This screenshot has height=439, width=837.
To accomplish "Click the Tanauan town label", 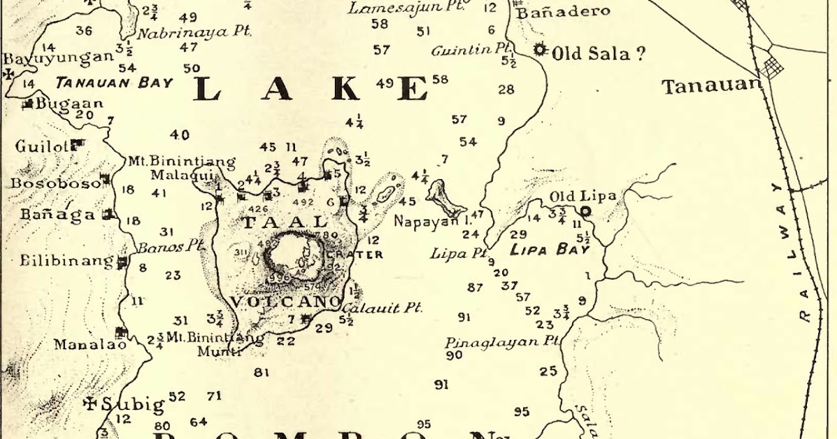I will (710, 86).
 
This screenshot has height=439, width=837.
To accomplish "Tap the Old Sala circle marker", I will (538, 49).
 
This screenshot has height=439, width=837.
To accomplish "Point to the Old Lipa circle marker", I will (585, 211).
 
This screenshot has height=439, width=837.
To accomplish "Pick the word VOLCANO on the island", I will (285, 302).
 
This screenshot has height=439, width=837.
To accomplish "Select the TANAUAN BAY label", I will (114, 83).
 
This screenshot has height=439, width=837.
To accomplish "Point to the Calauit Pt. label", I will (383, 307).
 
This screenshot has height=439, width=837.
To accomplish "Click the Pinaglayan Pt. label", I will (502, 342).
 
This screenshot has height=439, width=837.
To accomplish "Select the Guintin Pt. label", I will (472, 50).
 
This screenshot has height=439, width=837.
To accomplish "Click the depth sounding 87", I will (475, 288).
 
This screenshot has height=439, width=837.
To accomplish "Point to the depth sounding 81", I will (262, 373).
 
